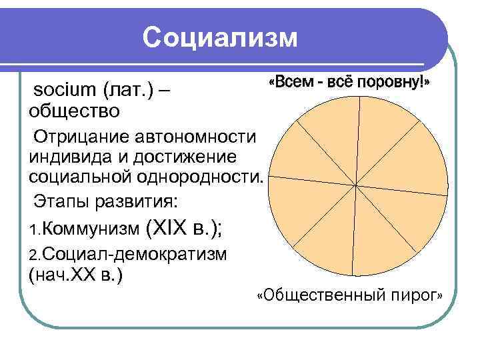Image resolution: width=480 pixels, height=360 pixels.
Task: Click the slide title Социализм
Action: tap(220, 38)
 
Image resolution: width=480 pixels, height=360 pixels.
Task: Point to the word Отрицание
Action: tap(79, 137)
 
